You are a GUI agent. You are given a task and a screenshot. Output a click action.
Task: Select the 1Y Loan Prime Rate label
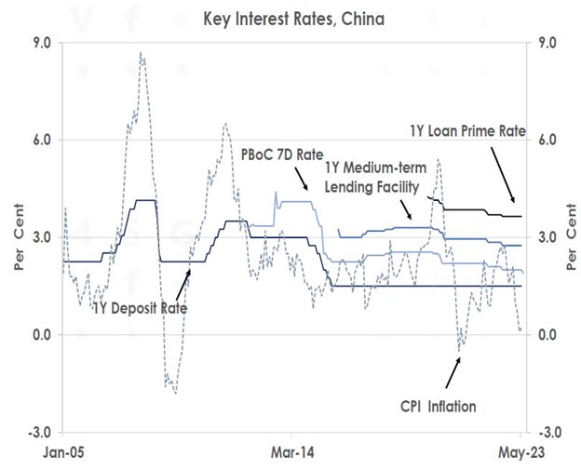pyautogui.click(x=468, y=132)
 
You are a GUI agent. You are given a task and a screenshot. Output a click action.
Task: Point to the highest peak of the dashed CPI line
pyautogui.click(x=141, y=53)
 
